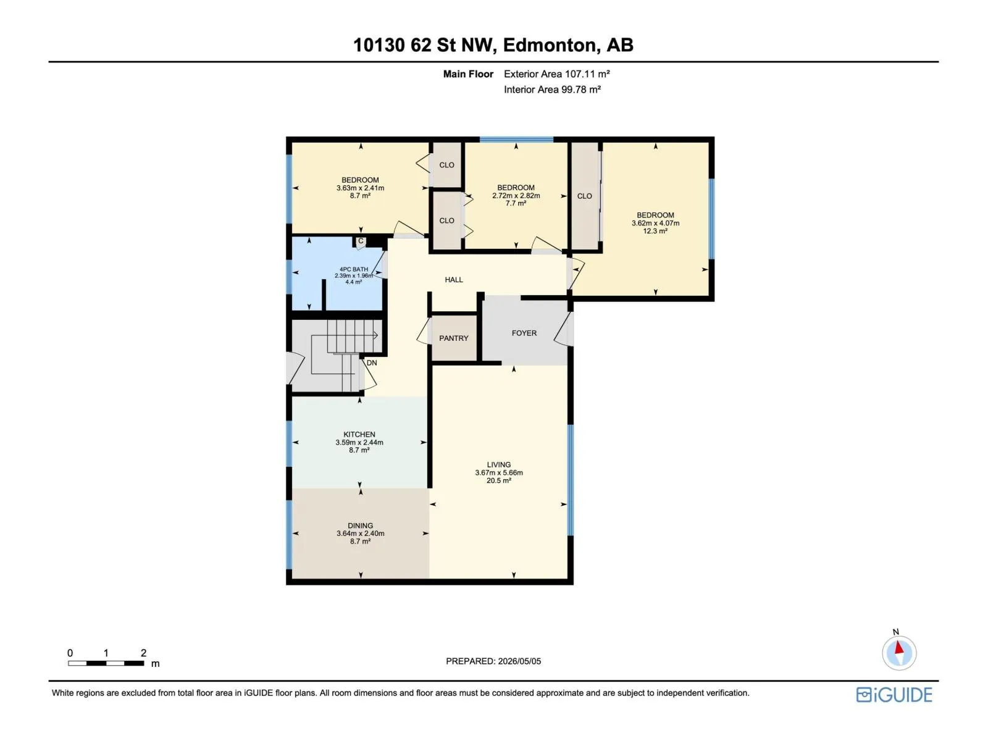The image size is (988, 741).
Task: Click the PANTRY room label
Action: (453, 338)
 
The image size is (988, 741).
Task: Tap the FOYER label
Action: (524, 333)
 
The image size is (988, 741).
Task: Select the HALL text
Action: (453, 280)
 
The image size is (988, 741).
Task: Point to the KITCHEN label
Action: (359, 434)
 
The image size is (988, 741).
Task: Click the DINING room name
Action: (360, 525)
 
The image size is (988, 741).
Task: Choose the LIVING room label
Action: (498, 464)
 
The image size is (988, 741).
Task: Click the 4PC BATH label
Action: (353, 269)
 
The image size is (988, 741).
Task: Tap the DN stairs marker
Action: (371, 362)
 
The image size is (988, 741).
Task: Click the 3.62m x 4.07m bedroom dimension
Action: (655, 223)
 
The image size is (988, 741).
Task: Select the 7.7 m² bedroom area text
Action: (516, 203)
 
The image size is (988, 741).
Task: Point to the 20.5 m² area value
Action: (498, 480)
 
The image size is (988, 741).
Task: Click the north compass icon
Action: (898, 652)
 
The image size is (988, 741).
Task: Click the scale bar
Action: (106, 663)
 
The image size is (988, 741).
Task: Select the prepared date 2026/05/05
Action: (519, 661)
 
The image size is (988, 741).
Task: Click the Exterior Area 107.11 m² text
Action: (556, 73)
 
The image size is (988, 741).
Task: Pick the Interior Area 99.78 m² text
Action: (552, 90)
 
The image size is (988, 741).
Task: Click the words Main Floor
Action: (467, 73)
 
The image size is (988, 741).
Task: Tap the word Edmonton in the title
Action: (550, 45)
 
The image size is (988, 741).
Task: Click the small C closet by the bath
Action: (360, 241)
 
